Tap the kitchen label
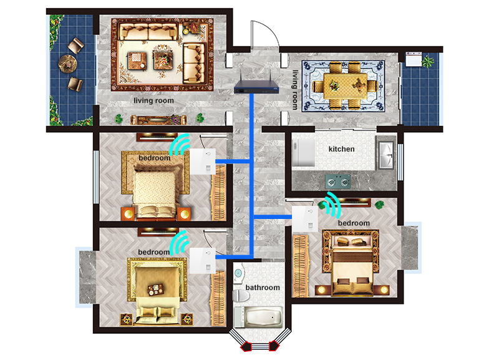coord(341,149)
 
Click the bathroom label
coord(263,288)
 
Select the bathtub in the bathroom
coord(258,317)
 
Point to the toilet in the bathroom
coord(241,296)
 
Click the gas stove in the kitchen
coord(338,182)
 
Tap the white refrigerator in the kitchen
coord(304,152)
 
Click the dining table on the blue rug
coord(346,86)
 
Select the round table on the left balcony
coord(68,64)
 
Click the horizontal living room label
coord(153,101)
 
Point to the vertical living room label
coord(296,90)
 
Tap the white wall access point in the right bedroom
coord(305,220)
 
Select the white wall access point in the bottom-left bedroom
coord(202,261)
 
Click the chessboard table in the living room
coord(137,61)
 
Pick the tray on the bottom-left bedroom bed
coord(155,289)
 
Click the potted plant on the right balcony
coord(428,61)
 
